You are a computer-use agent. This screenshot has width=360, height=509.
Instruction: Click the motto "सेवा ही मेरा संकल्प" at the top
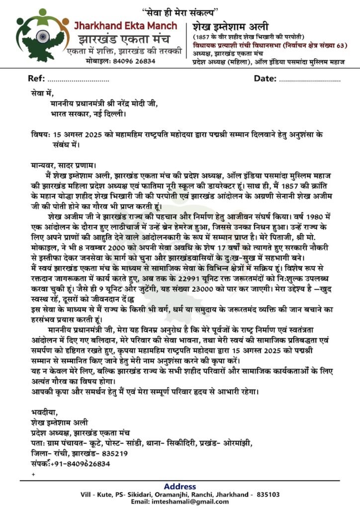[x=180, y=10]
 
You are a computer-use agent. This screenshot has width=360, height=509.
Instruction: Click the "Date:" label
[x=265, y=79]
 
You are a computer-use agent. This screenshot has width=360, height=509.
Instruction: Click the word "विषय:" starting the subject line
[x=40, y=135]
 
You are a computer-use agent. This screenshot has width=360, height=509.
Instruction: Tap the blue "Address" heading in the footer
[x=180, y=486]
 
